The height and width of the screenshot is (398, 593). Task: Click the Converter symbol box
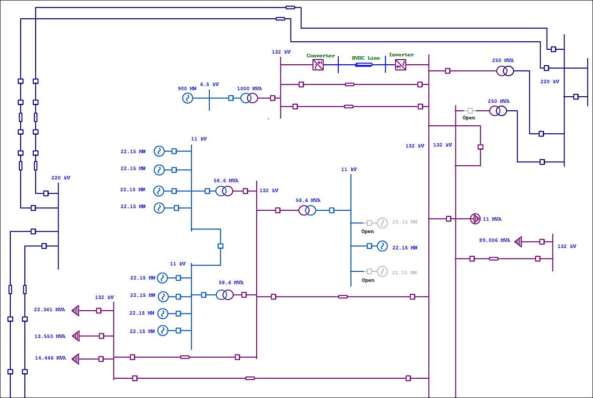click(319, 65)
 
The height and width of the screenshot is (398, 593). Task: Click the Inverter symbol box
click(401, 65)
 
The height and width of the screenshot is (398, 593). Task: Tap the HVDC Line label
click(366, 58)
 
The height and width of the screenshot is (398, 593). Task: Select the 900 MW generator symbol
click(188, 98)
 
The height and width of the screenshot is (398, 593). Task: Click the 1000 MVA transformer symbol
click(249, 98)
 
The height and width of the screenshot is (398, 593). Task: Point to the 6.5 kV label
click(209, 84)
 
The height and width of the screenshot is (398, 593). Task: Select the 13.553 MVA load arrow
click(76, 336)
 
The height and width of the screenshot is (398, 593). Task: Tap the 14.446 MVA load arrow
click(76, 359)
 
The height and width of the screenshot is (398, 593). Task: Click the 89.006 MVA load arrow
click(518, 242)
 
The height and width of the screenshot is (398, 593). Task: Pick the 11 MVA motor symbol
click(475, 219)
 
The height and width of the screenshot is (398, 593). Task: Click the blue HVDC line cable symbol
click(364, 65)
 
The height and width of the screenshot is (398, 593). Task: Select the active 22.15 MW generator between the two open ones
click(382, 246)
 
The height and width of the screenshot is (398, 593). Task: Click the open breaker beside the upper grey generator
click(369, 223)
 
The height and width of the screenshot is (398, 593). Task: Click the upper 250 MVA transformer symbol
click(505, 71)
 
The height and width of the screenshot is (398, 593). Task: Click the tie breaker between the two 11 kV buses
click(220, 246)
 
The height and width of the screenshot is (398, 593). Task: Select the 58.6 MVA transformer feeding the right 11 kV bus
click(307, 210)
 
